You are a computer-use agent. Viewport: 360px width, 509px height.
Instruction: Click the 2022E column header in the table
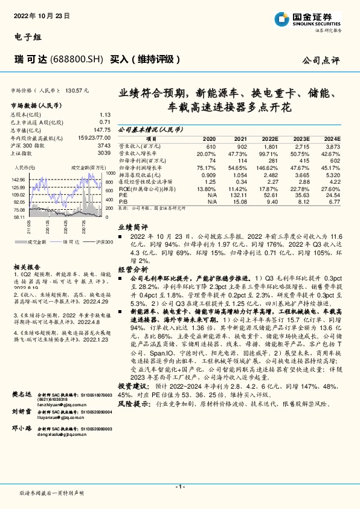point(270,138)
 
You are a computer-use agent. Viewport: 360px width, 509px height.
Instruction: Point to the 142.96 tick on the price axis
point(19,180)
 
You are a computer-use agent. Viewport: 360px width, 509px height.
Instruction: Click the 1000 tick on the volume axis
point(109,173)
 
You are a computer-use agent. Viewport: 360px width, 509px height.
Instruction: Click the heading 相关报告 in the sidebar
point(27,266)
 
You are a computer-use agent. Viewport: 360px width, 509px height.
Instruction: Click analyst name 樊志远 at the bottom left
point(21,410)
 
